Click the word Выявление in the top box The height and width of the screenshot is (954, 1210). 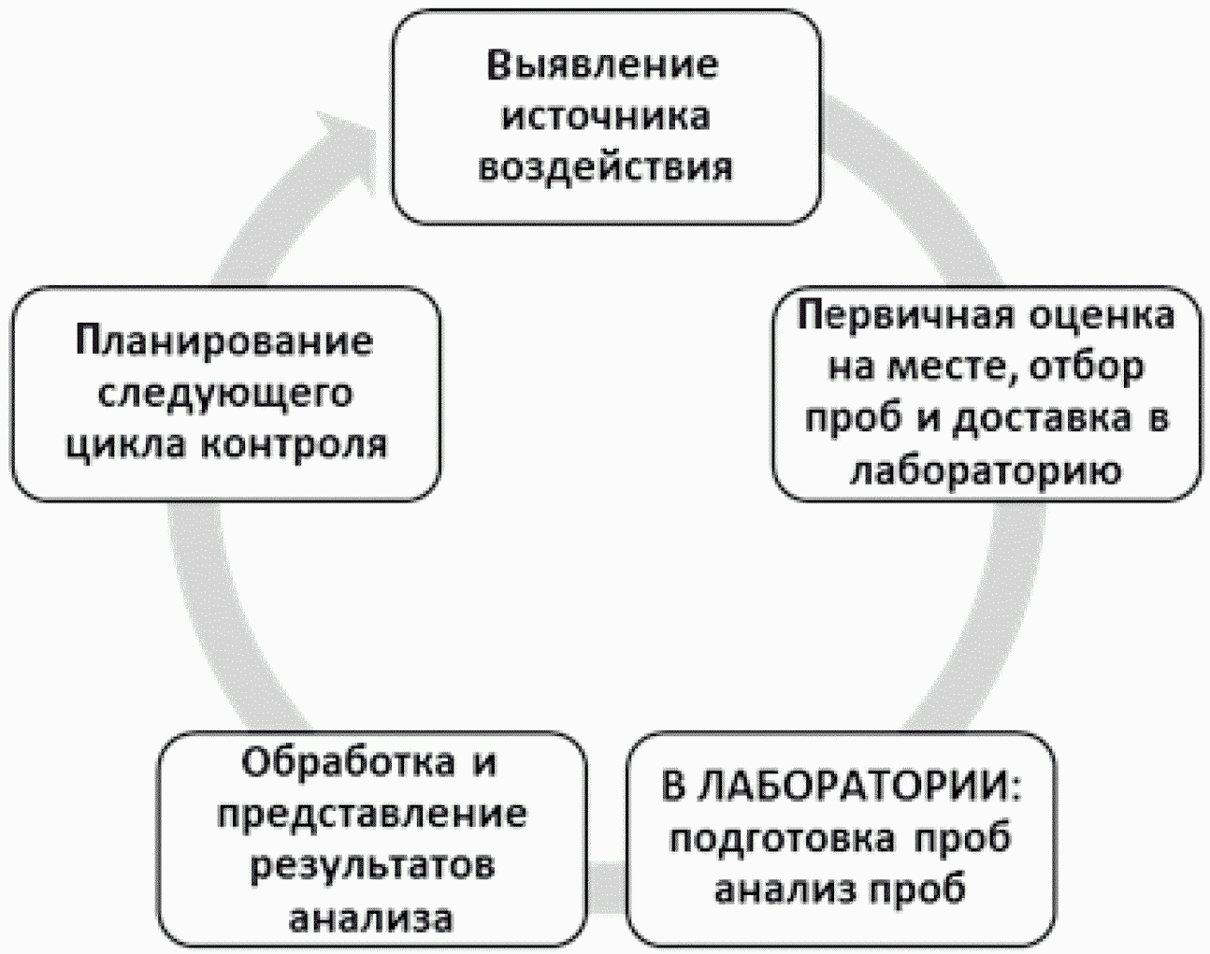pos(603,65)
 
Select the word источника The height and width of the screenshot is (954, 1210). pos(606,116)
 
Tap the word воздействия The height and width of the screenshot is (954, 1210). pos(606,167)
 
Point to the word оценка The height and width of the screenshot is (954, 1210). pos(1102,316)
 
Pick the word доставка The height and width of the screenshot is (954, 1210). pos(1042,419)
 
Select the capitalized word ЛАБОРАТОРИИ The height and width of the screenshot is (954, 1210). pos(858,786)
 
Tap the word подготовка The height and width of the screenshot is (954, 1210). pos(782,839)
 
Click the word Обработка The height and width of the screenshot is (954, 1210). pos(349,763)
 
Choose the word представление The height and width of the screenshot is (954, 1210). pos(372,815)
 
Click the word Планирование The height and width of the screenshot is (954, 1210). pos(224,341)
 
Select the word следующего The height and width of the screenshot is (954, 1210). pos(226,393)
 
